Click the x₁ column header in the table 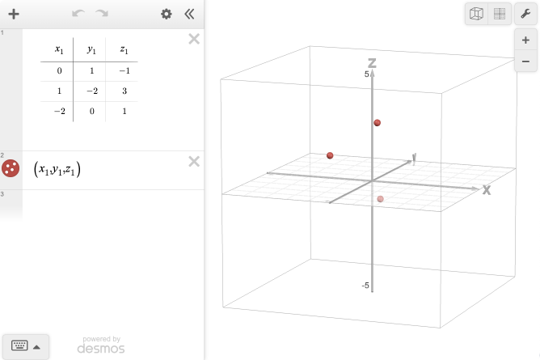click(x=58, y=50)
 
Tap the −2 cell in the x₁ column click(x=58, y=112)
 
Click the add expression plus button click(x=14, y=14)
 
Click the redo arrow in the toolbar click(x=102, y=14)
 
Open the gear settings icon click(x=167, y=14)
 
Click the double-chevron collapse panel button click(x=189, y=14)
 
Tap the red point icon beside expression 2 click(x=11, y=169)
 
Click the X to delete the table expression click(x=194, y=39)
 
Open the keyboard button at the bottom click(x=25, y=346)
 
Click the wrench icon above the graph click(x=525, y=14)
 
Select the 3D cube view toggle click(x=477, y=14)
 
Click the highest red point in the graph click(x=377, y=123)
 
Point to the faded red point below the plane click(x=380, y=198)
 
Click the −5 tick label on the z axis click(x=365, y=286)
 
